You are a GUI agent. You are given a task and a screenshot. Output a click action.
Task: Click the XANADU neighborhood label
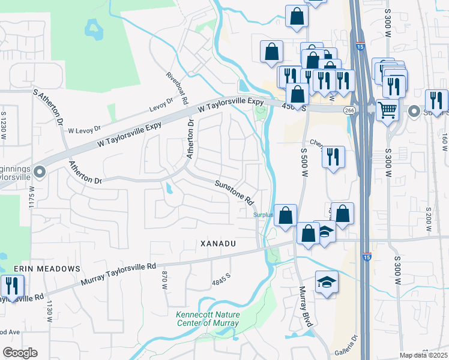(216, 244)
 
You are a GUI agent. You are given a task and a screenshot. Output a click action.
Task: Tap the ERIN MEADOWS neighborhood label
(52, 268)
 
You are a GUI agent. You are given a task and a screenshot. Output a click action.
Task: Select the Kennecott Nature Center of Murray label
(207, 319)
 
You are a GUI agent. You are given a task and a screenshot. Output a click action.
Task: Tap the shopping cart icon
(388, 110)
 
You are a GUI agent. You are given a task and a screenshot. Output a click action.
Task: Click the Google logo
(20, 353)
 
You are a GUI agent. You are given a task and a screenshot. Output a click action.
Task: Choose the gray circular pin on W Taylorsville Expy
(40, 173)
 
